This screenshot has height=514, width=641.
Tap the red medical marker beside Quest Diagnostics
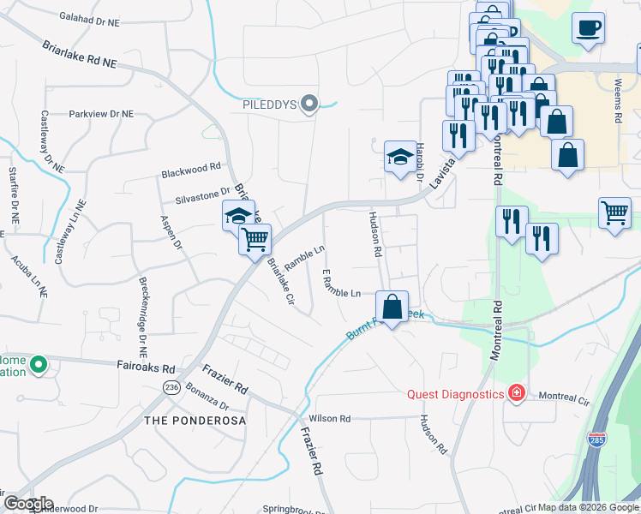click(516, 393)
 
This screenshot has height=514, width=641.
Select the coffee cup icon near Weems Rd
click(588, 28)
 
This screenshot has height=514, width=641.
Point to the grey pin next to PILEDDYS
click(310, 105)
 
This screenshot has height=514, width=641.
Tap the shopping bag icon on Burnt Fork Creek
click(392, 306)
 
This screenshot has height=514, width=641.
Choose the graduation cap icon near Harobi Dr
click(399, 157)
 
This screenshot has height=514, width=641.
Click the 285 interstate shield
click(596, 439)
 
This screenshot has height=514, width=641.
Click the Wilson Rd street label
click(331, 419)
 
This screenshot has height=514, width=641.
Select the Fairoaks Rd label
click(146, 364)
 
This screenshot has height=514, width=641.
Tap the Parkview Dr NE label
click(101, 113)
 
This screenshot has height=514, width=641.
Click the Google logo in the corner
click(27, 503)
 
